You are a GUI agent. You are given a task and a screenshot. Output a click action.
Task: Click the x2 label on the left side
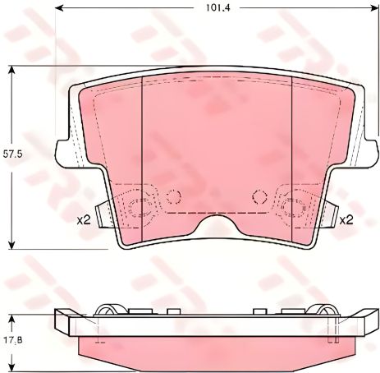pyautogui.click(x=82, y=219)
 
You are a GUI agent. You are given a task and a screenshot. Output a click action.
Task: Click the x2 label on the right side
pyautogui.click(x=346, y=219)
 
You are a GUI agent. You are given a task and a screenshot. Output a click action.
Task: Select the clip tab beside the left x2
pyautogui.click(x=100, y=215)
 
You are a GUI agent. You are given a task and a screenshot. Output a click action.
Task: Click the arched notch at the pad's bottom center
pyautogui.click(x=215, y=223)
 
